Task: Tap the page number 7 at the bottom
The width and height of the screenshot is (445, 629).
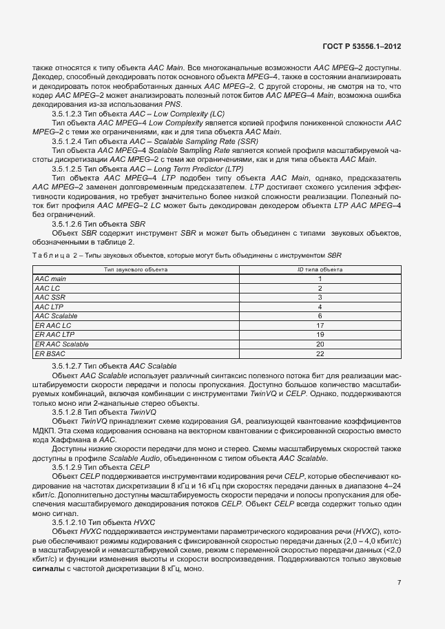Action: (400, 583)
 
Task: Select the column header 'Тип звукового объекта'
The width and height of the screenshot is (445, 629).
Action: (136, 269)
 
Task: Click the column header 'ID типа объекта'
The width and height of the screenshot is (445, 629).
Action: (320, 269)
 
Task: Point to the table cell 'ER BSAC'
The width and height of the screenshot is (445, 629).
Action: (49, 353)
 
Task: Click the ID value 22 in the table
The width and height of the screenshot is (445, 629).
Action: (320, 353)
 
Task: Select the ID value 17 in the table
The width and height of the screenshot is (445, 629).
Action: (320, 324)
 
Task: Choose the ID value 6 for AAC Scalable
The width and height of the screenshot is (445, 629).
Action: (320, 316)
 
